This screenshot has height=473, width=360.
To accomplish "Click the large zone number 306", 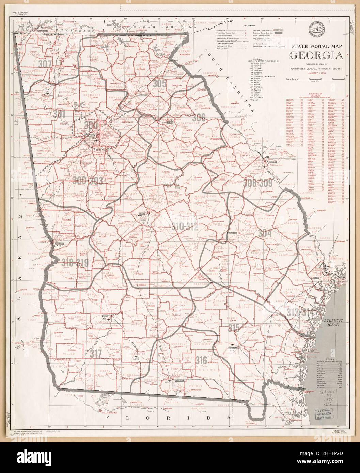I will click(x=199, y=118).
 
